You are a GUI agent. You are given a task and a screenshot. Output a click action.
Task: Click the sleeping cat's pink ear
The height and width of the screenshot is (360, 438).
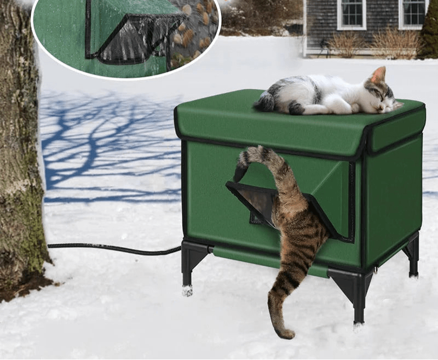378,75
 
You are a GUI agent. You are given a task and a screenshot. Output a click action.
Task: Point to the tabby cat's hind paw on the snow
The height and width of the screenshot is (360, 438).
284,332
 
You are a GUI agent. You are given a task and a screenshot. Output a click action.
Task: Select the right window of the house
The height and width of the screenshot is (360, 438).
414,13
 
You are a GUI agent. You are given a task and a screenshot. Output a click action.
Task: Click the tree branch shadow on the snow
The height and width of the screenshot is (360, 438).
109,142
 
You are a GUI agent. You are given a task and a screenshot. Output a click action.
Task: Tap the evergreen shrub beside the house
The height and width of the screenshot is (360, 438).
429,33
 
